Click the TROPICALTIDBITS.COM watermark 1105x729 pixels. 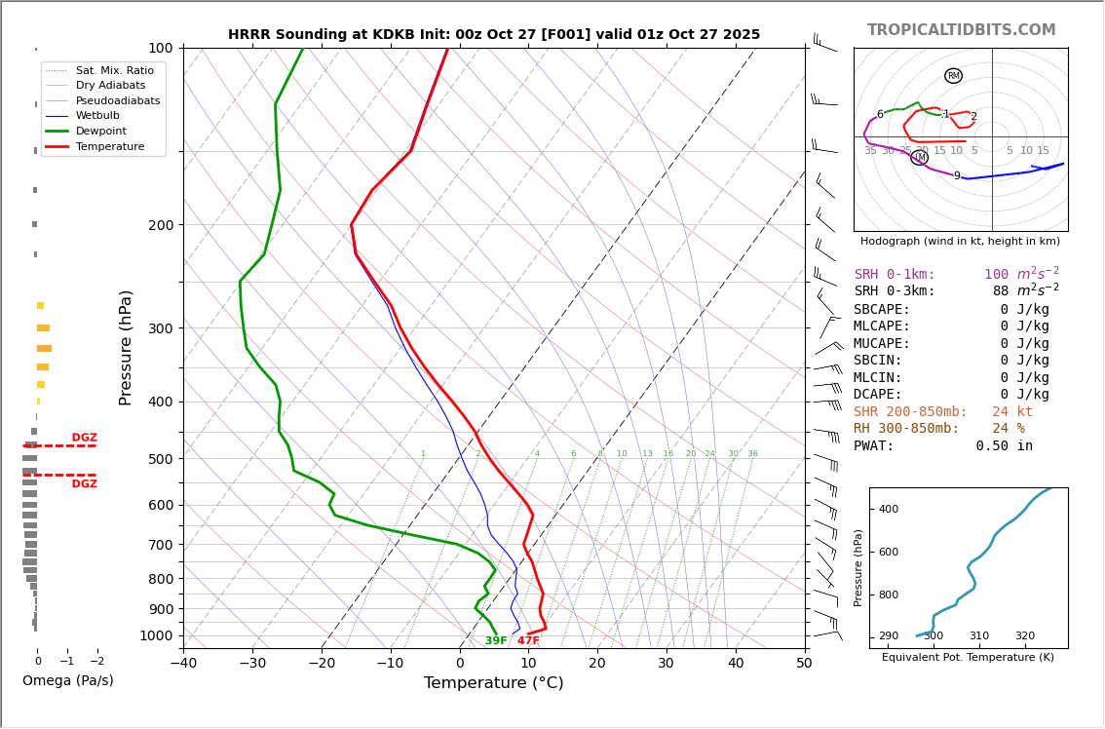point(961,30)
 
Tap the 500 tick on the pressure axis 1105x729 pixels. point(160,459)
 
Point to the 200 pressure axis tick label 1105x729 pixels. point(160,225)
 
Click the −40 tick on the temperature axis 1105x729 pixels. point(183,664)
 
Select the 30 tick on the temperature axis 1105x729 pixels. point(666,664)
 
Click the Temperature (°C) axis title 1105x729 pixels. point(493,683)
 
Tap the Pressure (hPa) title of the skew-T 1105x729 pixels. point(126,347)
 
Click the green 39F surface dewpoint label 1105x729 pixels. point(496,641)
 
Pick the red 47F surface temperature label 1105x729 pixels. point(528,641)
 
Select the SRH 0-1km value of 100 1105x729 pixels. point(996,275)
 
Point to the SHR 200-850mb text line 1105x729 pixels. point(942,412)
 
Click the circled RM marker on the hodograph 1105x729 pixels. point(953,76)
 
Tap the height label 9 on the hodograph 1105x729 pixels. point(957,176)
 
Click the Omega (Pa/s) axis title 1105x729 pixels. point(67,680)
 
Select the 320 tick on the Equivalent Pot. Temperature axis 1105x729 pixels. point(1024,636)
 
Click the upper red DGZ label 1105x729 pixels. point(84,438)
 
